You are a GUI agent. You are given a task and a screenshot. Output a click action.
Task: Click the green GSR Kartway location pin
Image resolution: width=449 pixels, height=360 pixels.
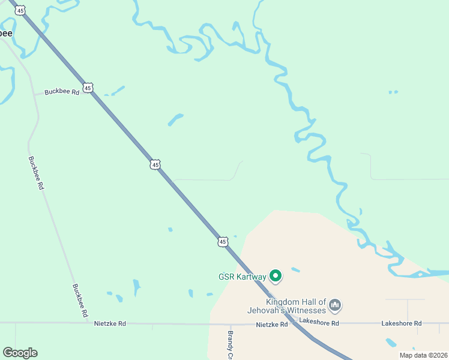point(276,276)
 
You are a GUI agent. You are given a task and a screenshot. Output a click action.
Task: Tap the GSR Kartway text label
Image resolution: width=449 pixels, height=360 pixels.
point(243,277)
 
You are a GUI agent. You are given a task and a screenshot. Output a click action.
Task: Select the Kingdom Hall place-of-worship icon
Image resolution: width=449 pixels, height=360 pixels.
point(335,306)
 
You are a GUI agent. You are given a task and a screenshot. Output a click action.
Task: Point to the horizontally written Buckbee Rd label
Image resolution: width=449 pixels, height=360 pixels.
point(62,92)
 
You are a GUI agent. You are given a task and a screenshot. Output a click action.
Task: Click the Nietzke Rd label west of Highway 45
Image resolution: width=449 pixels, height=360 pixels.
point(110,323)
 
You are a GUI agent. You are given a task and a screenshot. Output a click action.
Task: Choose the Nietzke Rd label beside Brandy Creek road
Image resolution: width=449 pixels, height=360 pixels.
point(272,325)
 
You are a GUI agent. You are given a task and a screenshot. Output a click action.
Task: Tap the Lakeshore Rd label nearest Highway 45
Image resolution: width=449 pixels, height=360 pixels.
point(319,323)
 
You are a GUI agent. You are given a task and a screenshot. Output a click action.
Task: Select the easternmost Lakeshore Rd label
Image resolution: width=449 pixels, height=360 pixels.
point(401,323)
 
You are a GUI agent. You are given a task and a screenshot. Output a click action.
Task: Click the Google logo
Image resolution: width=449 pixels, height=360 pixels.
point(20,353)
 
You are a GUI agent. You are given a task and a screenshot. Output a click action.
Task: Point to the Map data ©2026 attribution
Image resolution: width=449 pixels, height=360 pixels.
point(423,355)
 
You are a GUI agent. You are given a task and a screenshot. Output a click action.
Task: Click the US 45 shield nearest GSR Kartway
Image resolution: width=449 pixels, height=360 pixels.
point(223,241)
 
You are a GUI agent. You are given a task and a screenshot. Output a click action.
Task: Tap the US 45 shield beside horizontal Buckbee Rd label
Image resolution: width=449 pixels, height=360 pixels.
point(88,88)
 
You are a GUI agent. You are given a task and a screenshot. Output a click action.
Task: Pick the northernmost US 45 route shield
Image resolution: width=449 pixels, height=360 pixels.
point(21,11)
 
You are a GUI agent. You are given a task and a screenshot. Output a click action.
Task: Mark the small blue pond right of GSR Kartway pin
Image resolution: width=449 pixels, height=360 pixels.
point(295,270)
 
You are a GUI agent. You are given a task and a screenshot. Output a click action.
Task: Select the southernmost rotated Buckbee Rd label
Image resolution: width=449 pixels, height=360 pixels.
point(80,301)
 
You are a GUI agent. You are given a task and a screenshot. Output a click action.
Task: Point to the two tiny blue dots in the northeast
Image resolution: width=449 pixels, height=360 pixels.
point(393,92)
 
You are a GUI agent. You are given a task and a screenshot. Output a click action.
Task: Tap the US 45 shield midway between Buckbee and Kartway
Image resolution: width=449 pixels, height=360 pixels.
point(155,164)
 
